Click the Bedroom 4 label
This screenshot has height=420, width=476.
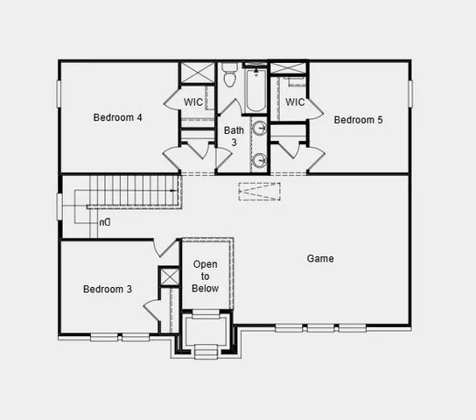[118, 117]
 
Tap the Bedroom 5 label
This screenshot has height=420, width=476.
[358, 120]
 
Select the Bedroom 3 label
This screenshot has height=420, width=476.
[108, 289]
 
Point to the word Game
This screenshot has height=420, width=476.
[320, 259]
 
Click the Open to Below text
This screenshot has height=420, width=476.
[206, 276]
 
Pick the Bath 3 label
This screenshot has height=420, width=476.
[234, 136]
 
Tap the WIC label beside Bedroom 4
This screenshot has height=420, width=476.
[194, 102]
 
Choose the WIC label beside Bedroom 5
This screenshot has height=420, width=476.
[295, 102]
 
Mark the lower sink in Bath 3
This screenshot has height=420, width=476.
[260, 160]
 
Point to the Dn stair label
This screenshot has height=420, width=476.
[105, 223]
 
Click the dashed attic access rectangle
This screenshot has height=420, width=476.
[260, 191]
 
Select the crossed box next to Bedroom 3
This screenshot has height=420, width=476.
[169, 276]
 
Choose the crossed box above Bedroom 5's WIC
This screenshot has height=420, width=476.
[288, 68]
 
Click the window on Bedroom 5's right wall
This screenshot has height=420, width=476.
[409, 94]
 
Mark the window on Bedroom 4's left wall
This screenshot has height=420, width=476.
[59, 94]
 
